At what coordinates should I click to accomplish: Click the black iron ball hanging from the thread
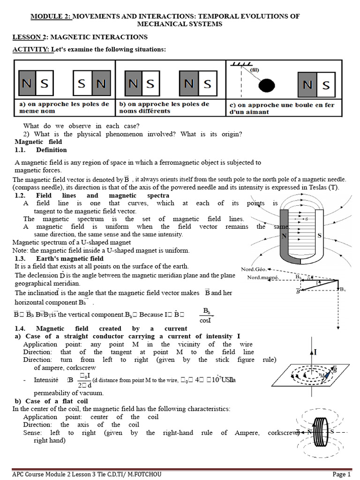click(x=268, y=85)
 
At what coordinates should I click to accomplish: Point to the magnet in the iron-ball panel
click(x=317, y=84)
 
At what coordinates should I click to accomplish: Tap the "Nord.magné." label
click(x=263, y=277)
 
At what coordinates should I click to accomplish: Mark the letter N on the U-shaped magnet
click(x=284, y=236)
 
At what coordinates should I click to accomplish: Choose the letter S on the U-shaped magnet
click(x=319, y=235)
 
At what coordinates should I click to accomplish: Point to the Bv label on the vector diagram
click(x=343, y=289)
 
